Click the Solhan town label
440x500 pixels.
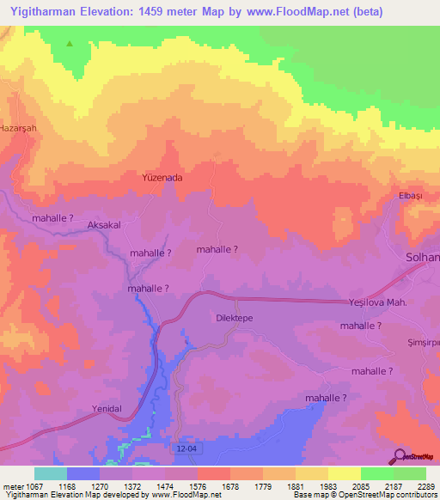[x=422, y=258]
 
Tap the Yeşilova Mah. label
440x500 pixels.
[x=383, y=302]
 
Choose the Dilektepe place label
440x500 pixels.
[x=234, y=317]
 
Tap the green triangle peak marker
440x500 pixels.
[x=70, y=43]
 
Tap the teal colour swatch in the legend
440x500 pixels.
[x=50, y=473]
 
